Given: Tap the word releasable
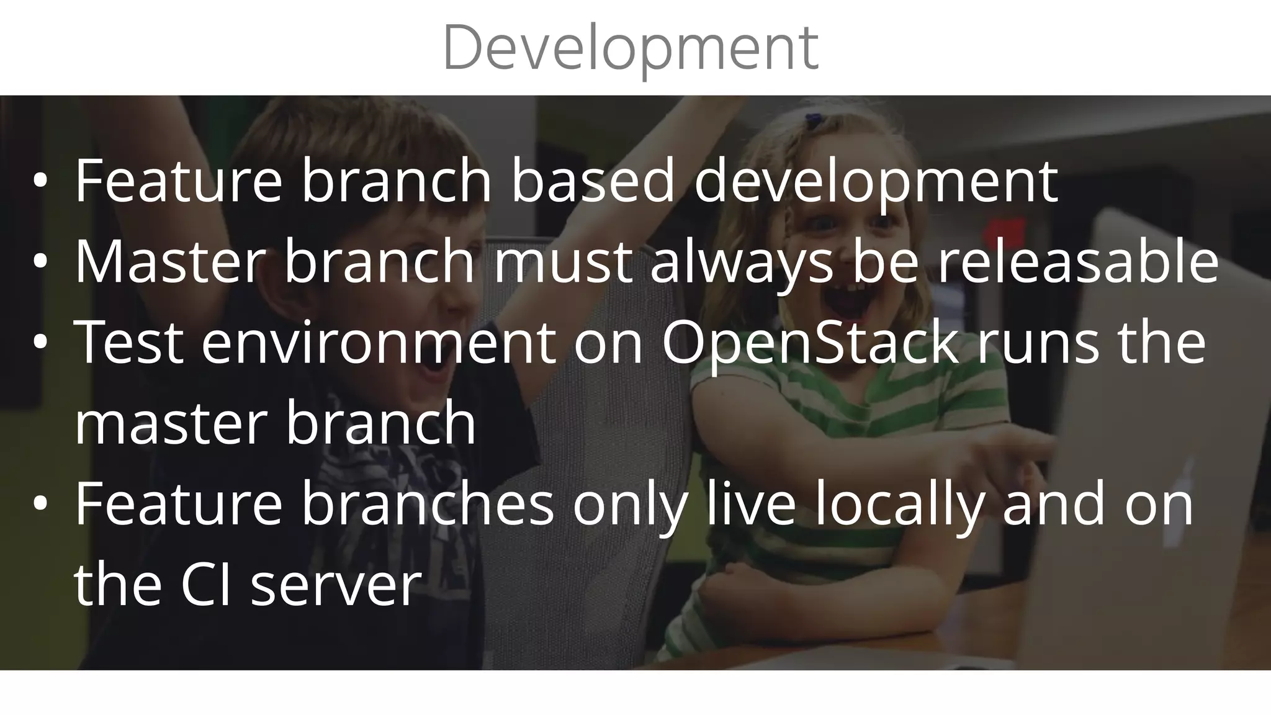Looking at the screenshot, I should pos(1078,263).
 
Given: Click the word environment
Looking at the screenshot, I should pos(379,343).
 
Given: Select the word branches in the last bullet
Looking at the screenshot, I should pos(428,505).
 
